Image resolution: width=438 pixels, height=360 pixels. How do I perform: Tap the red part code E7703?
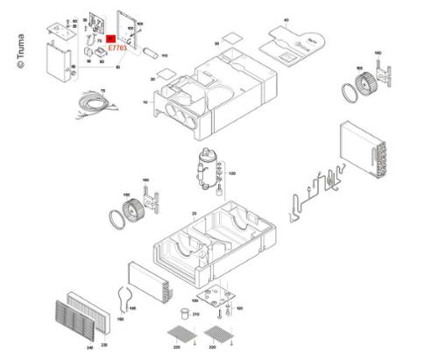(117, 49)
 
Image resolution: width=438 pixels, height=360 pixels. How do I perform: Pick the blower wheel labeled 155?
(359, 90)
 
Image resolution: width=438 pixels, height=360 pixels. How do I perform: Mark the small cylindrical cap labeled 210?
(184, 312)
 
